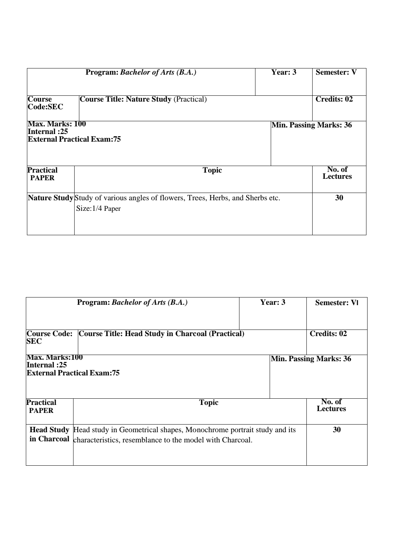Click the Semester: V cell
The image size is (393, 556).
pos(336,72)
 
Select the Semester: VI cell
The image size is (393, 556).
pos(337,303)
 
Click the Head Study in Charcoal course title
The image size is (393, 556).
pos(161,334)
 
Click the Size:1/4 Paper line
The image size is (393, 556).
pos(98,209)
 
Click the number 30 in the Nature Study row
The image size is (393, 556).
pos(339,198)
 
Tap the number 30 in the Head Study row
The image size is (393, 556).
pos(337,430)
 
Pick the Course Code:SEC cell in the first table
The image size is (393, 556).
pos(45,103)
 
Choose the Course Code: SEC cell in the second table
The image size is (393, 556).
pos(49,337)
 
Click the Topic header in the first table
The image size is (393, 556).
pos(212,170)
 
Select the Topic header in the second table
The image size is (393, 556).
pos(209,403)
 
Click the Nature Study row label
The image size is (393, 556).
pos(51,198)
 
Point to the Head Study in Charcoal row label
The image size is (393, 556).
pos(49,434)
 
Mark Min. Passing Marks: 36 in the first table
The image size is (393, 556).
pos(311,125)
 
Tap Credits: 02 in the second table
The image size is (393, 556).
pos(328,334)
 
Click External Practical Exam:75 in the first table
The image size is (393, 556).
pos(74,139)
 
